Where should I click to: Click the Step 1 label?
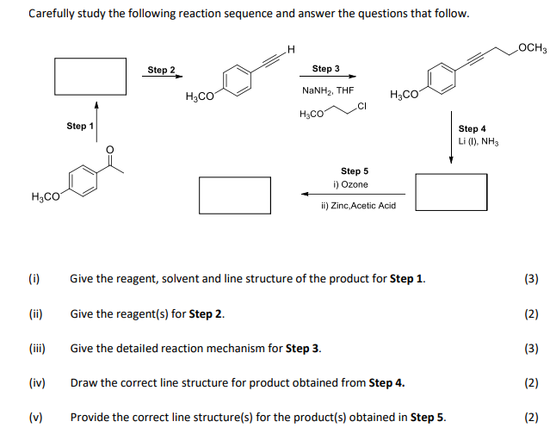point(80,127)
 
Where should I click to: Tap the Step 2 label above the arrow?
point(161,70)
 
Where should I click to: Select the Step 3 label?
point(325,68)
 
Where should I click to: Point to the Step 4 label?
point(473,128)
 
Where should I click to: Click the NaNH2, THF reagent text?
point(327,90)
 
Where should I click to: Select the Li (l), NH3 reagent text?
point(479,141)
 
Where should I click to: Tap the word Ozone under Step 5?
point(355,184)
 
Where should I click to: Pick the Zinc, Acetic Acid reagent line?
point(357,206)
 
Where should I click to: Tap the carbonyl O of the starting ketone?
point(109,149)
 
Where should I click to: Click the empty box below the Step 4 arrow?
point(451,192)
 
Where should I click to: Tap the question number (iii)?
point(35,348)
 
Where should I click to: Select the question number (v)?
point(35,418)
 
